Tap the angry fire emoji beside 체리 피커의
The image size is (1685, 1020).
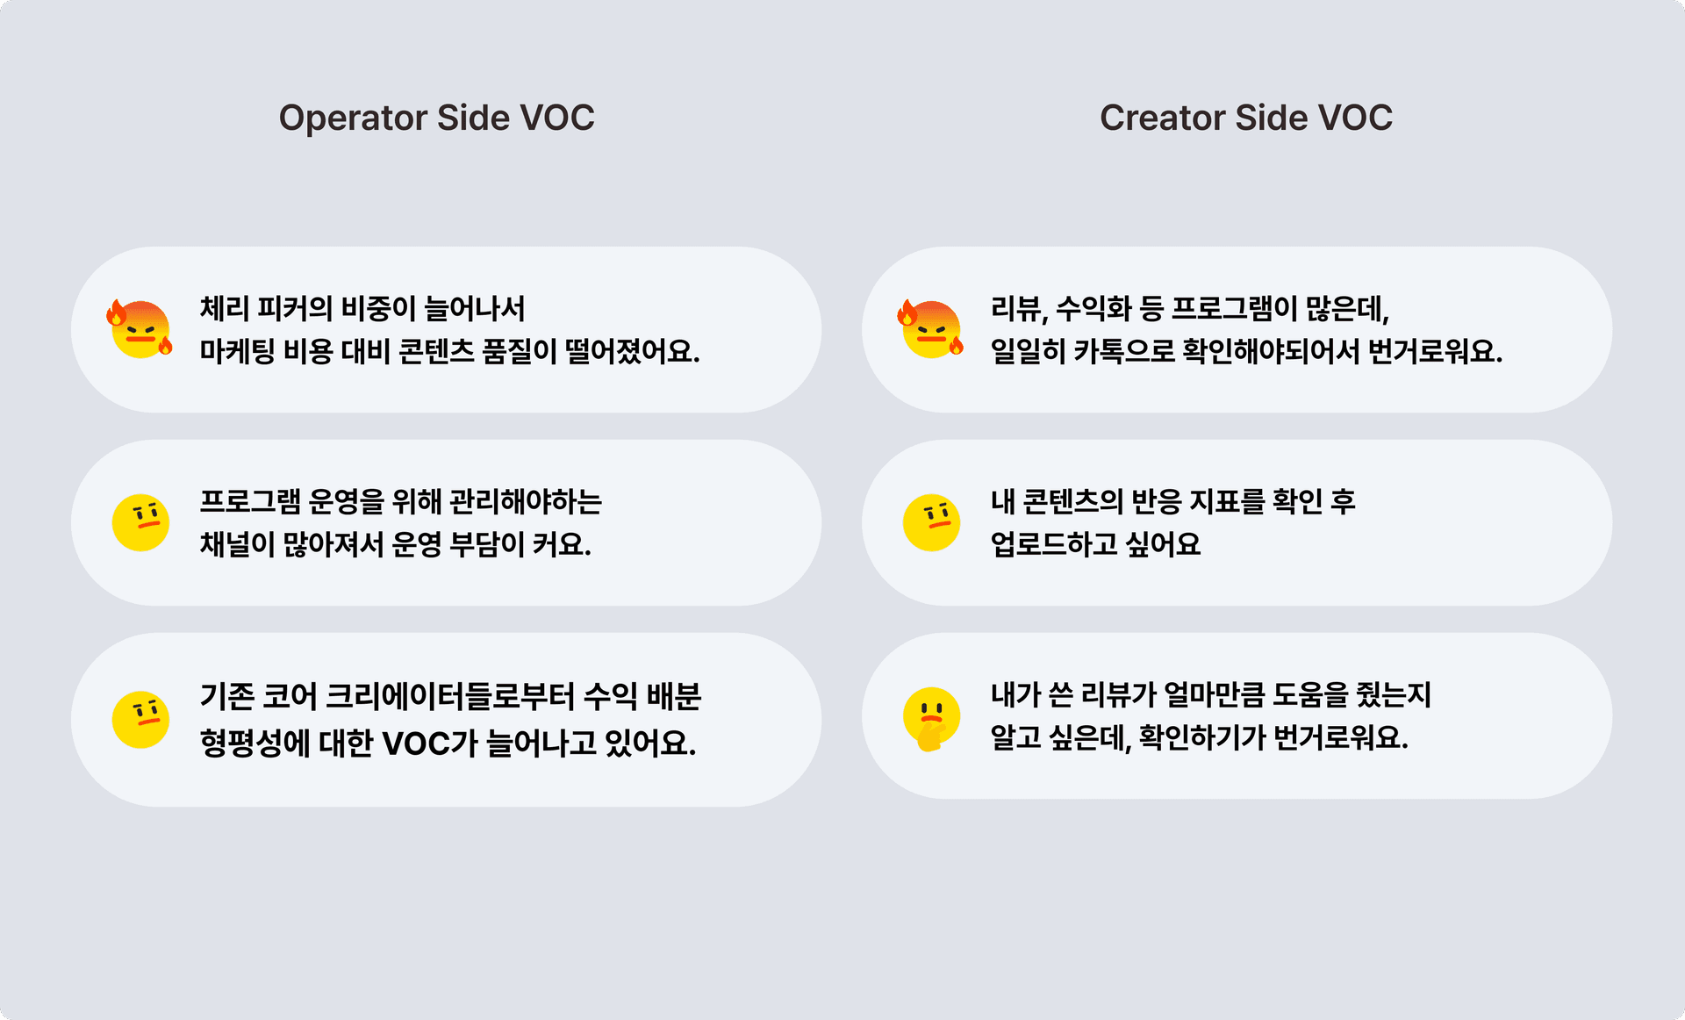click(140, 328)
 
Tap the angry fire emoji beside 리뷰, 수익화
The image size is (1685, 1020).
click(931, 328)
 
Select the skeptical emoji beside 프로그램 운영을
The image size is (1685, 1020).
click(140, 522)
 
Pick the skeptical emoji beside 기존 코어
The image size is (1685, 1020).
click(140, 719)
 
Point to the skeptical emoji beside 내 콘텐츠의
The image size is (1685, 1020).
click(931, 522)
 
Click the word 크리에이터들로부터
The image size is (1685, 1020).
click(449, 696)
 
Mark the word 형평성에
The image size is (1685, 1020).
click(255, 743)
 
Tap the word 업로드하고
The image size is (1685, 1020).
click(1054, 545)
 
